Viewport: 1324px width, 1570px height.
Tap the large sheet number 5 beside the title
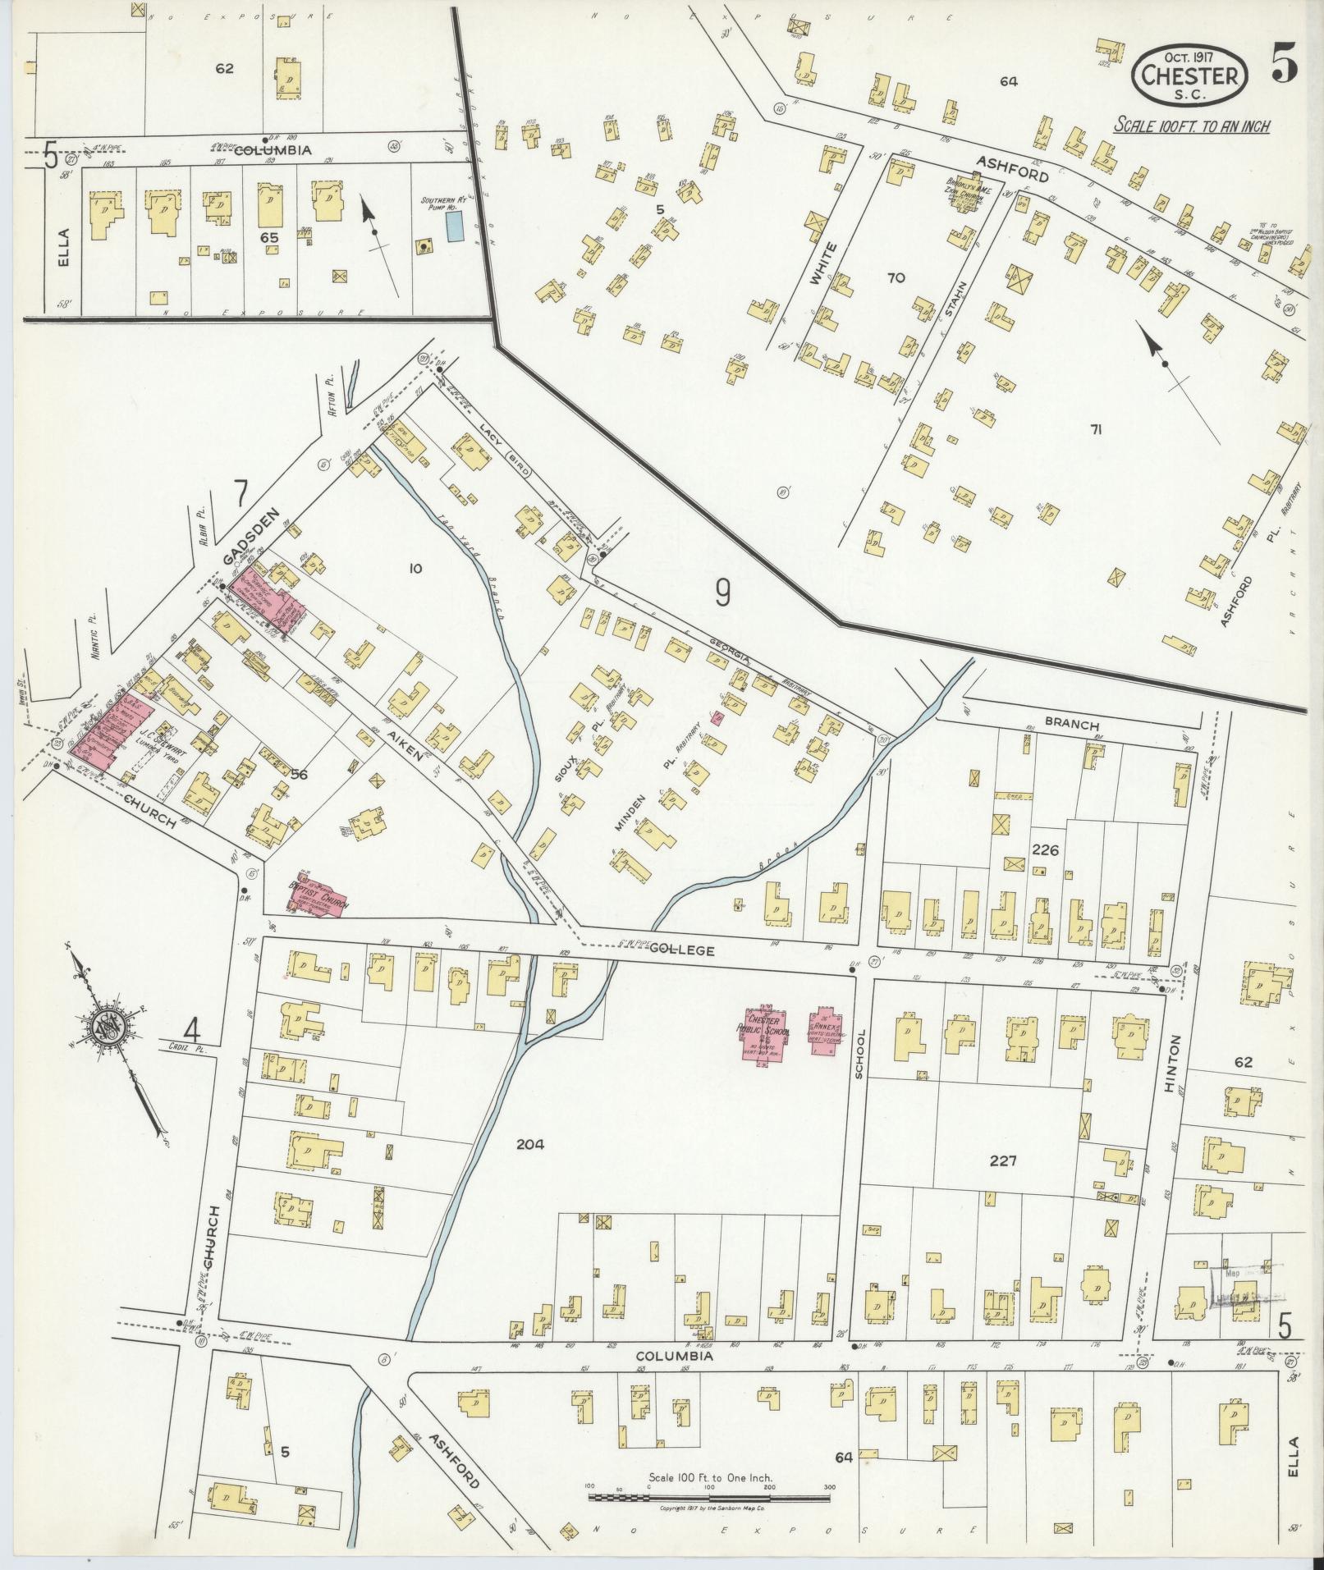pos(1285,63)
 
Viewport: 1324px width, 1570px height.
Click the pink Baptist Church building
pos(319,893)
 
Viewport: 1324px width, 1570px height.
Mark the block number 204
pos(531,1144)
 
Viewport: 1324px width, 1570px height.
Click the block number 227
pos(1003,1160)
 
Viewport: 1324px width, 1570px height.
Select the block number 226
pos(1046,851)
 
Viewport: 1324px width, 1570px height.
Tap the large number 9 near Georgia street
pos(722,592)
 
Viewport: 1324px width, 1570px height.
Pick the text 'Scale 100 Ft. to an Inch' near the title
pos(1191,126)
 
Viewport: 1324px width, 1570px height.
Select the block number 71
pos(1095,429)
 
